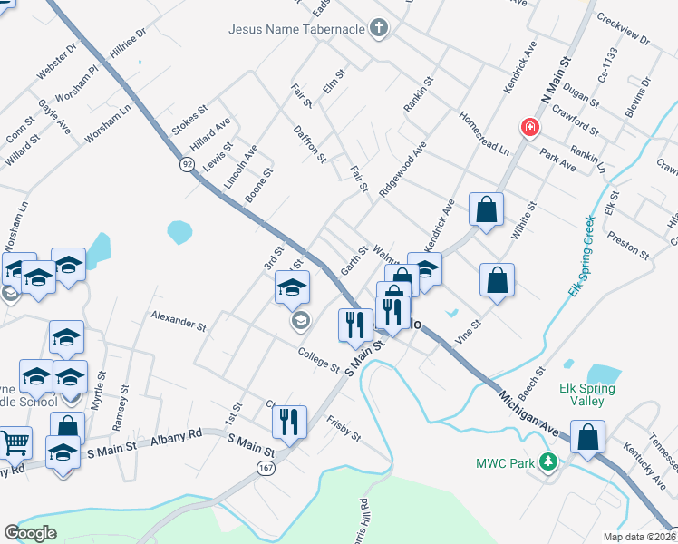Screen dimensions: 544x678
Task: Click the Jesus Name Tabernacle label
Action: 296,28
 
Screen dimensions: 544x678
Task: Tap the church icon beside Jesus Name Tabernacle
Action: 380,28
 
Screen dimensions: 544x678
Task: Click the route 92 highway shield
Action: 187,164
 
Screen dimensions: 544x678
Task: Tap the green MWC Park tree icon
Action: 547,463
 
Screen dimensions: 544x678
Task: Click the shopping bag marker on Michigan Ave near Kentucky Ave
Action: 588,437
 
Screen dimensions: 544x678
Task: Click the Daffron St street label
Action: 309,144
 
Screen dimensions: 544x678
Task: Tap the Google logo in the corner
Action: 30,533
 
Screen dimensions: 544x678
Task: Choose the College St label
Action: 318,361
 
